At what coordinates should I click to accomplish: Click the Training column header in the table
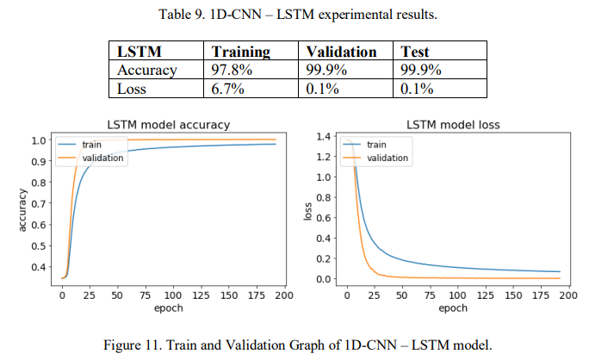(x=241, y=52)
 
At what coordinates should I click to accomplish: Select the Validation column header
(x=342, y=52)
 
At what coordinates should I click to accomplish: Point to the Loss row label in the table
(x=133, y=88)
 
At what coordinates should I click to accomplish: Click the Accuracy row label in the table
(x=146, y=70)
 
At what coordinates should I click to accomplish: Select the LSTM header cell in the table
(x=139, y=52)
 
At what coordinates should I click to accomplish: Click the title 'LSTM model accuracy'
(x=168, y=125)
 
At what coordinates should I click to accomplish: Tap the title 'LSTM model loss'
(x=452, y=125)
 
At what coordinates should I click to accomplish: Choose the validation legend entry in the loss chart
(x=387, y=158)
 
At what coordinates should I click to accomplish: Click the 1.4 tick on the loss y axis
(x=324, y=136)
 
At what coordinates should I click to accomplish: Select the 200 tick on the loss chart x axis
(x=565, y=295)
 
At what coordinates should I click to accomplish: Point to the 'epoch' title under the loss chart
(x=453, y=307)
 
